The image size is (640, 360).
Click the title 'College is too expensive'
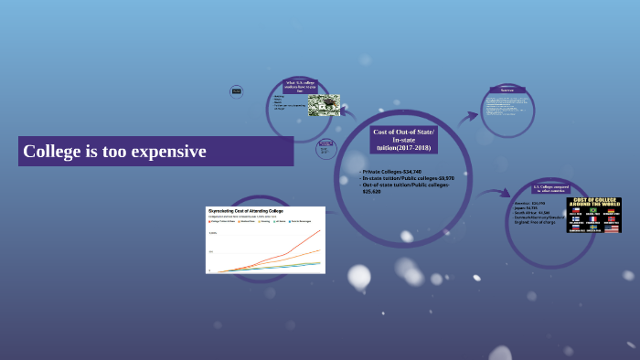[114, 151]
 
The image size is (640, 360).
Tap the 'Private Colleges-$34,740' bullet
[394, 171]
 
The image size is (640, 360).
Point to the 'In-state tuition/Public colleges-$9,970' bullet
[408, 178]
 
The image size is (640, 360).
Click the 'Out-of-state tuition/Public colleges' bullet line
[406, 185]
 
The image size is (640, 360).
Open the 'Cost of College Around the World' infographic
[593, 215]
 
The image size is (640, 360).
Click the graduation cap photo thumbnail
[323, 105]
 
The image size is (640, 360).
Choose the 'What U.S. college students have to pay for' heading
[300, 87]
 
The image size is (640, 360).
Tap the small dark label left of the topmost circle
[236, 90]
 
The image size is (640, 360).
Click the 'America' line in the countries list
[531, 203]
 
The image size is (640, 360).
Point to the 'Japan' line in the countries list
[528, 208]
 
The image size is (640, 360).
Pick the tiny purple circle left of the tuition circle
[325, 148]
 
